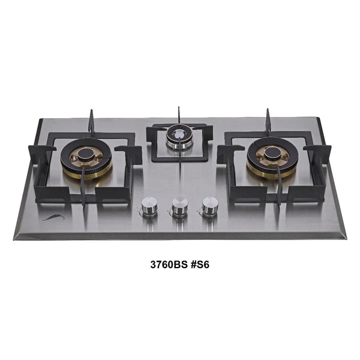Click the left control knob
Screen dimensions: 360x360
click(148, 208)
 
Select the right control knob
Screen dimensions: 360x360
click(209, 208)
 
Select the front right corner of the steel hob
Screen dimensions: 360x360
click(344, 238)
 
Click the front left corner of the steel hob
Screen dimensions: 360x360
click(15, 238)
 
